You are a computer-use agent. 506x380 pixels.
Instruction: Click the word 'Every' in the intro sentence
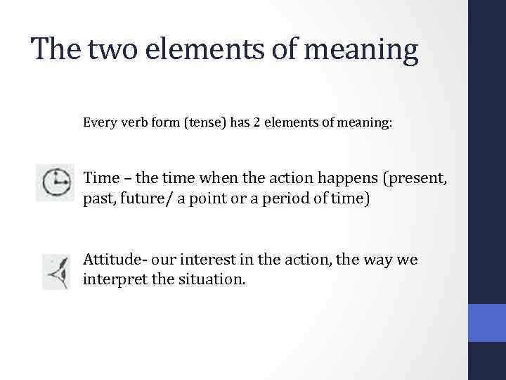(x=98, y=123)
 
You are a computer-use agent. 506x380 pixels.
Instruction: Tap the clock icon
(x=55, y=183)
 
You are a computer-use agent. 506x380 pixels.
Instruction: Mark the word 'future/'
(x=153, y=199)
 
